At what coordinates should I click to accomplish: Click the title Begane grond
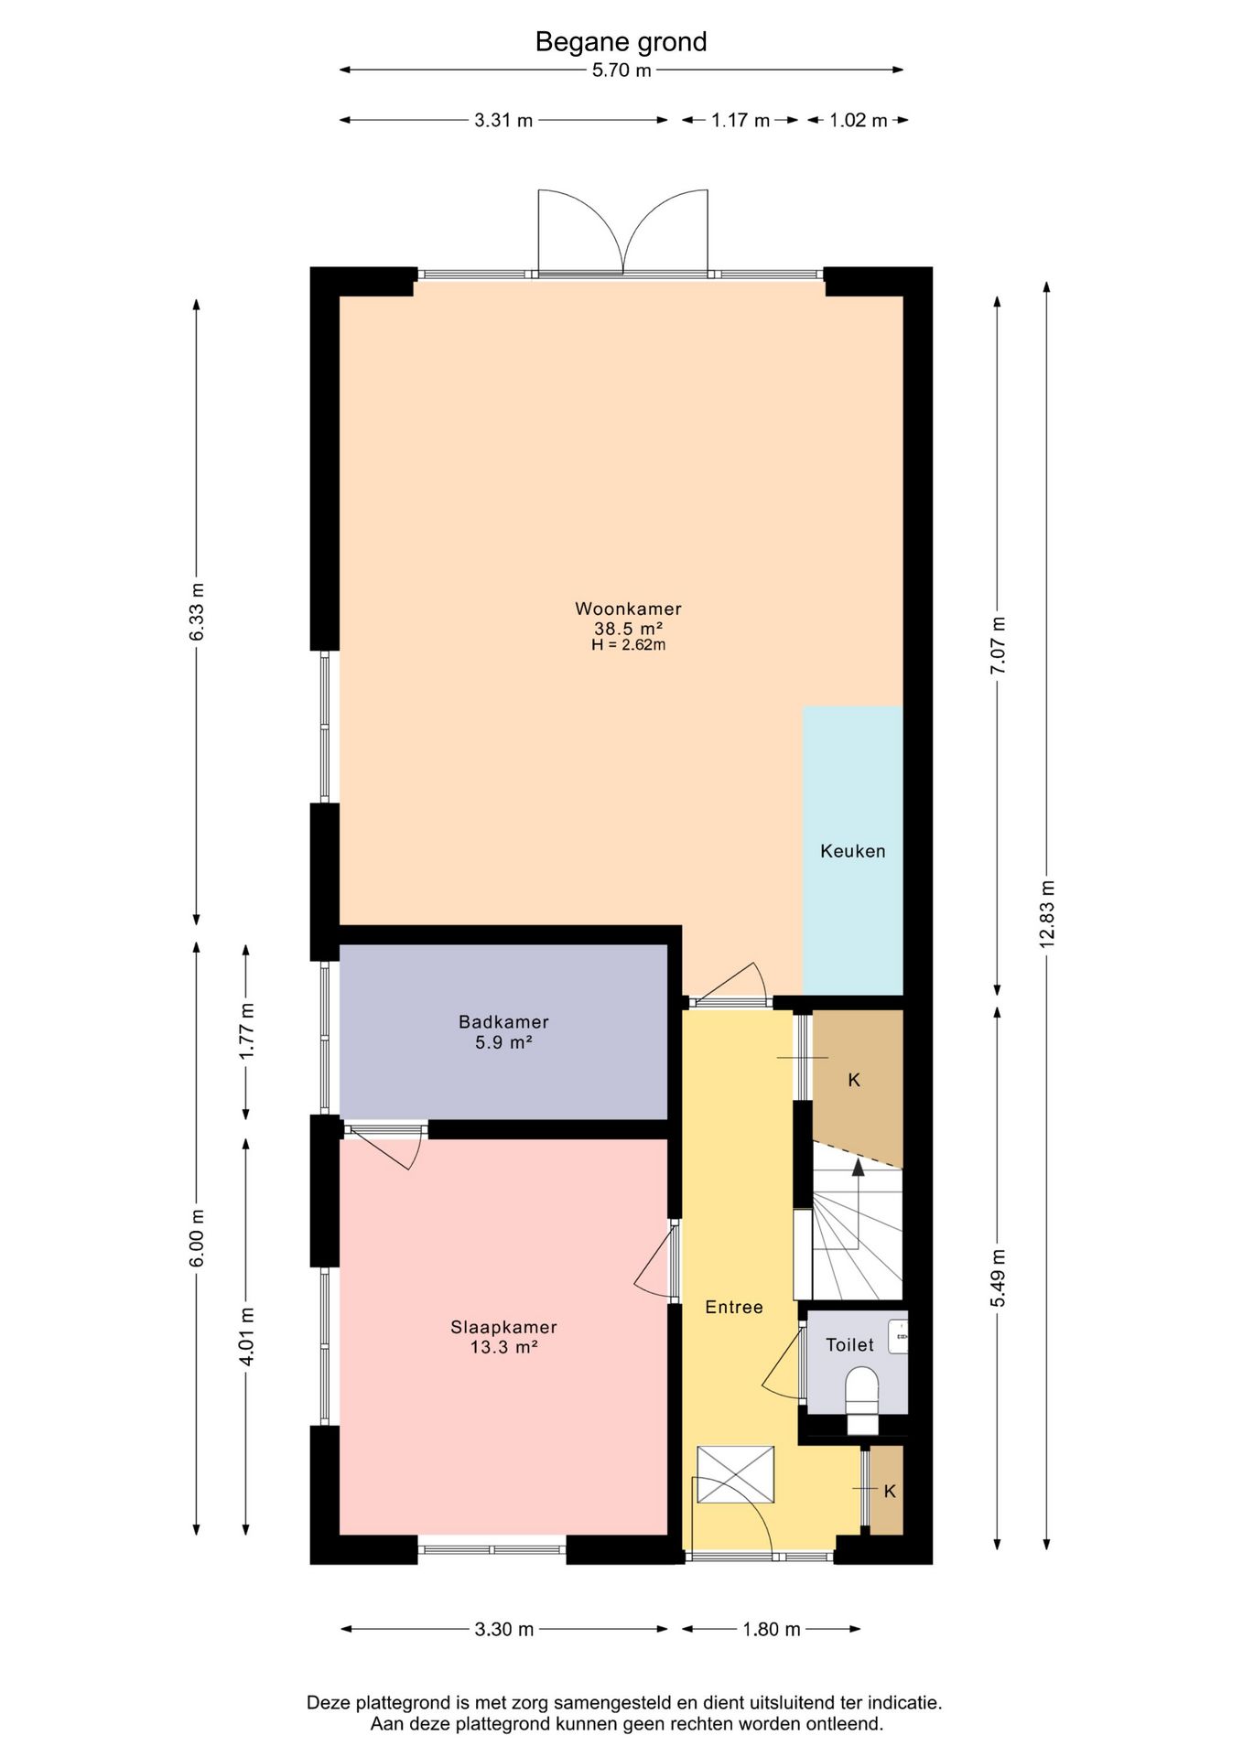621,42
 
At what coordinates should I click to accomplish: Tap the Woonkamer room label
628,609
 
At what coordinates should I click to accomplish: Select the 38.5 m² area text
628,629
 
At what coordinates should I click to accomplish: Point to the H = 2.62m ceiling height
628,644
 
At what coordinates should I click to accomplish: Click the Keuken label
853,851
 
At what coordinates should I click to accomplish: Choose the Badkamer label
503,1022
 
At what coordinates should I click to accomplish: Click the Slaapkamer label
503,1327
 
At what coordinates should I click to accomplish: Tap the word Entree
734,1307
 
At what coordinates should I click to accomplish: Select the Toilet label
849,1344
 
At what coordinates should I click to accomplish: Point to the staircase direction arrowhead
858,1167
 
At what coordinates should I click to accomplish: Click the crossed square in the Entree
735,1474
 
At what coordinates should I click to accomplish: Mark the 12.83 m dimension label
1047,913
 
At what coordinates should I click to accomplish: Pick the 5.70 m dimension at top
621,70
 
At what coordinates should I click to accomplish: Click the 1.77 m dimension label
246,1031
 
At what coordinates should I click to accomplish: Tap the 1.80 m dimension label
772,1629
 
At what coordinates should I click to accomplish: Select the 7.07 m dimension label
998,645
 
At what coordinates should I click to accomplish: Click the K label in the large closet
854,1080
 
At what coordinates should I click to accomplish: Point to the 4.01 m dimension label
246,1336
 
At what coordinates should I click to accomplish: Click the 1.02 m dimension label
859,120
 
